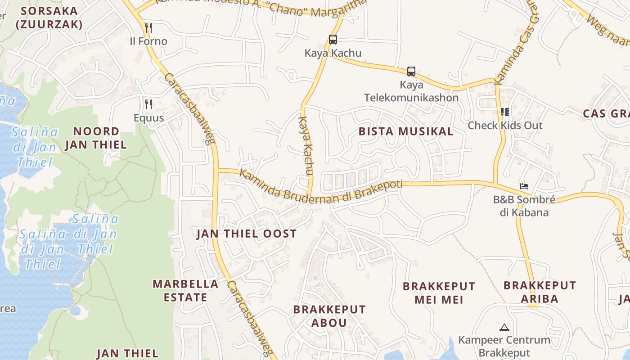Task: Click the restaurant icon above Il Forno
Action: pyautogui.click(x=148, y=28)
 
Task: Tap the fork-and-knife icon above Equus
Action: pyautogui.click(x=148, y=104)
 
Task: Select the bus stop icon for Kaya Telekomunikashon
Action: pyautogui.click(x=411, y=71)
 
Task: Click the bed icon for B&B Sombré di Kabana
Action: pyautogui.click(x=524, y=186)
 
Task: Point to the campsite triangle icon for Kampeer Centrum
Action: pyautogui.click(x=504, y=327)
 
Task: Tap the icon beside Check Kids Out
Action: pyautogui.click(x=504, y=112)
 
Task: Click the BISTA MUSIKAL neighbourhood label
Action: pyautogui.click(x=406, y=131)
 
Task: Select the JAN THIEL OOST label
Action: pyautogui.click(x=247, y=234)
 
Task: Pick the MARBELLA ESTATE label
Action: pyautogui.click(x=185, y=291)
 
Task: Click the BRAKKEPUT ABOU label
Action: pyautogui.click(x=329, y=316)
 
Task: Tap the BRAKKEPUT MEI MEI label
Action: pyautogui.click(x=439, y=293)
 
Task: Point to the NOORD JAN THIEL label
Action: pyautogui.click(x=96, y=138)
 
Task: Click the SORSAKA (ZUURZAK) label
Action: pyautogui.click(x=49, y=18)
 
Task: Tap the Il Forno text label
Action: pyautogui.click(x=148, y=41)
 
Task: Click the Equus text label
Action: pyautogui.click(x=148, y=118)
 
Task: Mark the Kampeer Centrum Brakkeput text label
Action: pyautogui.click(x=504, y=346)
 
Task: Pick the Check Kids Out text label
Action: pyautogui.click(x=505, y=126)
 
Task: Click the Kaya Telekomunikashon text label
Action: pyautogui.click(x=411, y=91)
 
